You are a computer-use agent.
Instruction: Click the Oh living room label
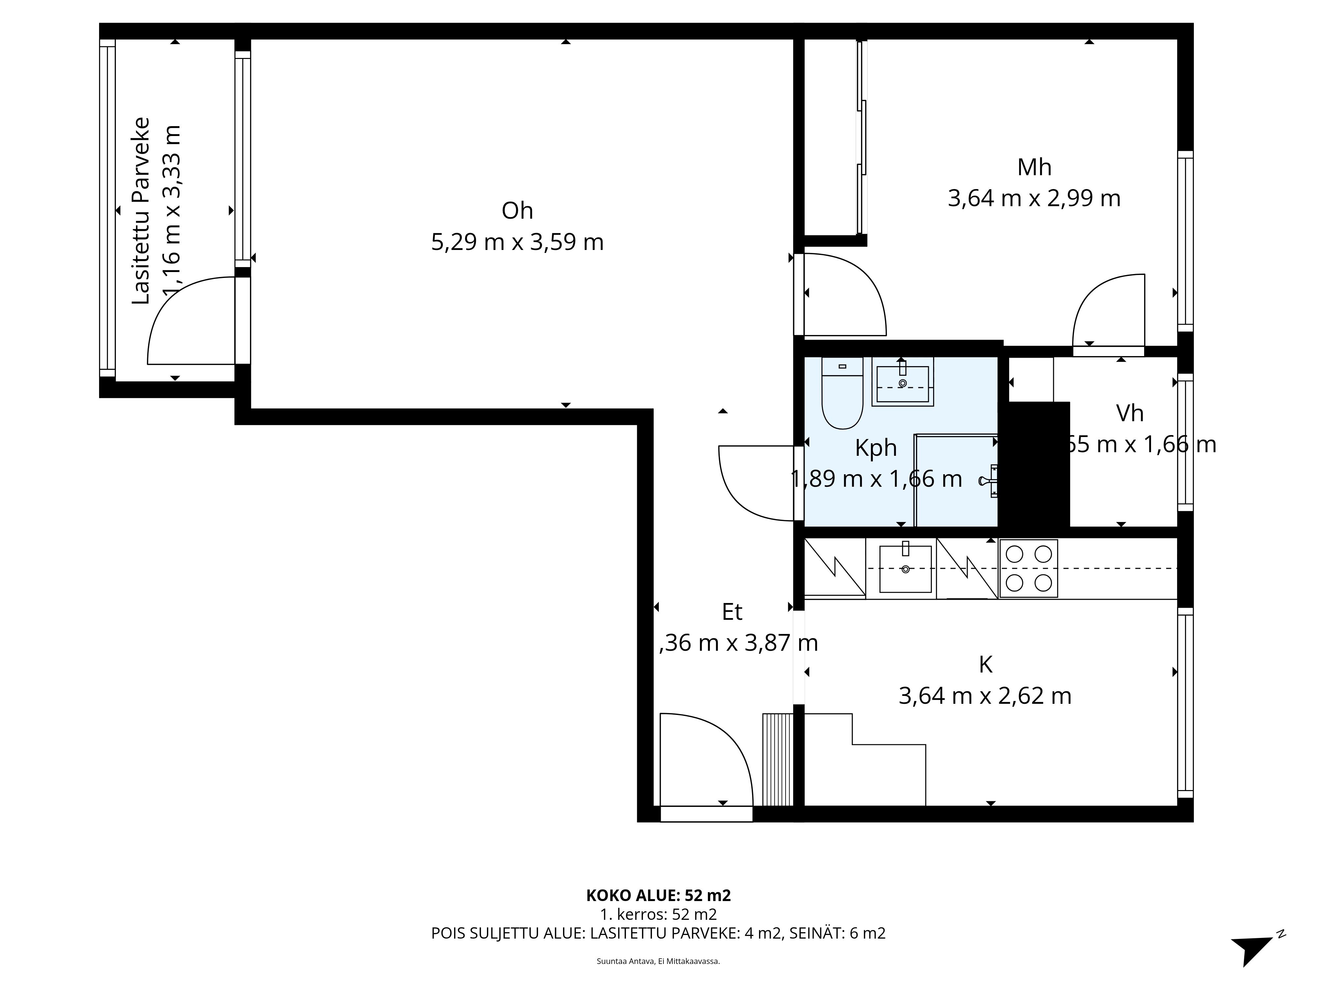517,211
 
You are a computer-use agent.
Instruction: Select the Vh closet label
1129,413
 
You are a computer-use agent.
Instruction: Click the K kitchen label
985,665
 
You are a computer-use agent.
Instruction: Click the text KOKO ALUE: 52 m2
658,895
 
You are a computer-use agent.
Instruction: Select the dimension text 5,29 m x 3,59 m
517,242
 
